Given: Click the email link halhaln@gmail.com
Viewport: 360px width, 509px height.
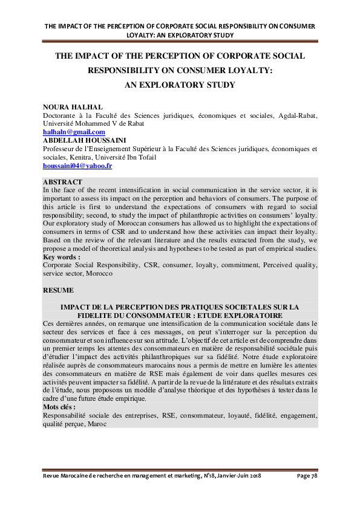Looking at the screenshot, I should point(74,132).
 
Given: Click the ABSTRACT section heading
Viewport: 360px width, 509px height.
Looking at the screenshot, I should point(63,182).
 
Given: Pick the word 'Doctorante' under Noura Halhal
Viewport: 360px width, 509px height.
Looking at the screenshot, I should point(61,115).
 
